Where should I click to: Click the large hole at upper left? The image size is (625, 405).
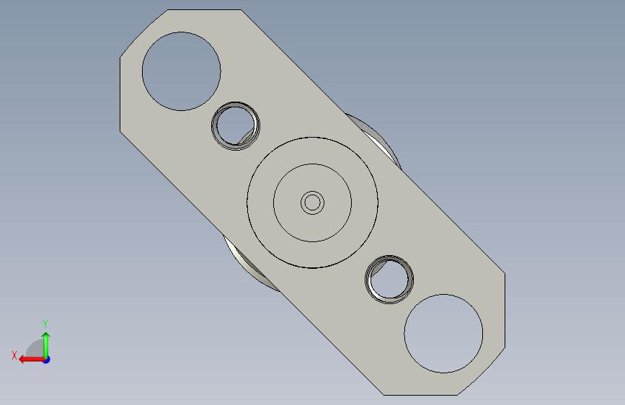point(182,71)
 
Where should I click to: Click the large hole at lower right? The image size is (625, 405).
point(443,334)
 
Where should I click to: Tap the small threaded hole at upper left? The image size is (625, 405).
point(236,126)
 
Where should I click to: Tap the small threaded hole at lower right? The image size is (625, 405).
point(389,280)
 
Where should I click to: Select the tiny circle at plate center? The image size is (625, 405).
point(313,203)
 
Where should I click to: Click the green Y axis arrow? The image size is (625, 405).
point(46,345)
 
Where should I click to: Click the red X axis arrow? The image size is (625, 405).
point(32,360)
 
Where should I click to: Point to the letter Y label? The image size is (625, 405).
point(45,324)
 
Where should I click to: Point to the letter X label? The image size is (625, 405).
point(14,355)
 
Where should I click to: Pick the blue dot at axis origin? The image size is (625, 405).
point(47,360)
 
